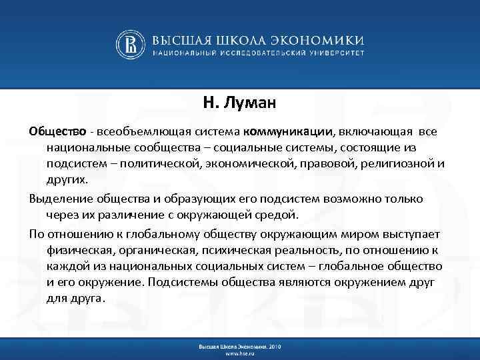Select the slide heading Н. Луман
239,103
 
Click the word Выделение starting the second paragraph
61,199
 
